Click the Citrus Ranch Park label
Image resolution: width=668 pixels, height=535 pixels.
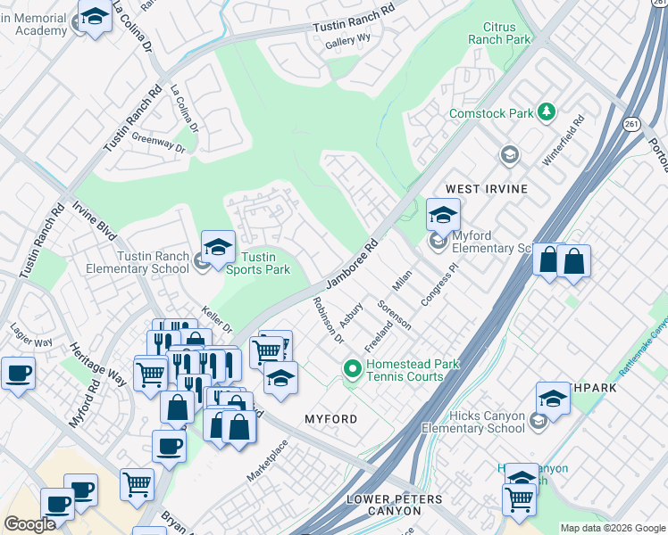click(499, 34)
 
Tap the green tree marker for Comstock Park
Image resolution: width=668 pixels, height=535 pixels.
click(545, 112)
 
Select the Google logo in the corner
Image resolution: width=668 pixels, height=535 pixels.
click(29, 523)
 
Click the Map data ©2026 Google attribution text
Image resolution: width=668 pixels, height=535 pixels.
click(612, 528)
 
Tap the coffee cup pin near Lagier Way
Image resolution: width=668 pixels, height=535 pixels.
click(18, 374)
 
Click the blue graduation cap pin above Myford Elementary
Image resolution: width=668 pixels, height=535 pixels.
click(442, 215)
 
